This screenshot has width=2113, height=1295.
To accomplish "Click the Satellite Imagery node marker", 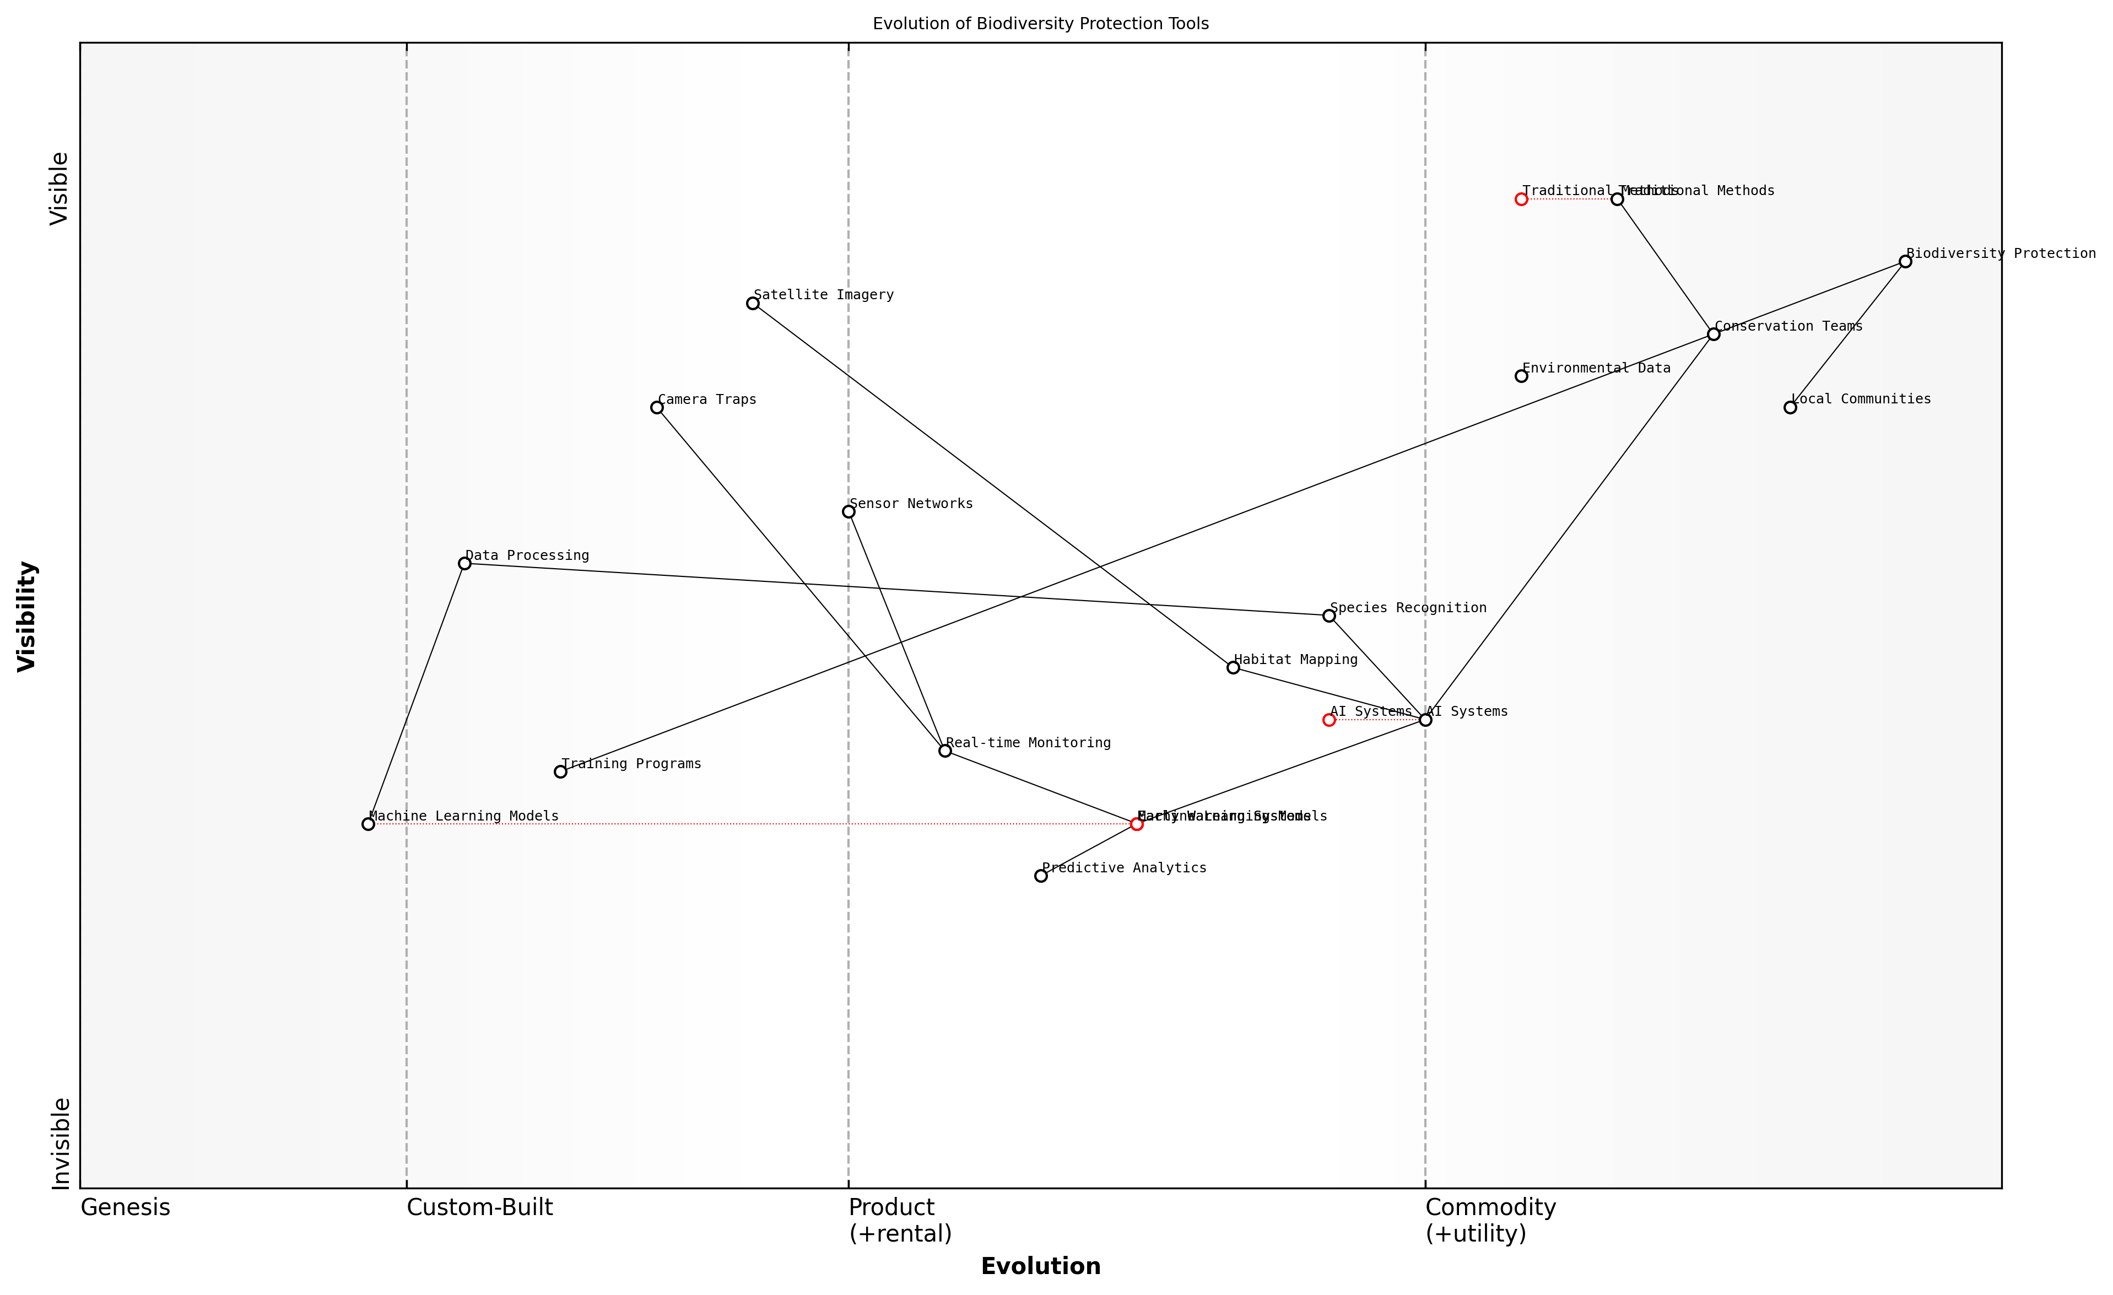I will [x=753, y=304].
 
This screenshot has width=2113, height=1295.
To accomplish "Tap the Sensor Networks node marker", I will [x=849, y=512].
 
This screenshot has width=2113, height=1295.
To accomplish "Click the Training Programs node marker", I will [x=561, y=772].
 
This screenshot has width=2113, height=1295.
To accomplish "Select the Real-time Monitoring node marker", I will [x=945, y=751].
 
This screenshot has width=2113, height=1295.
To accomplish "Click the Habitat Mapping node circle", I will [x=1233, y=667].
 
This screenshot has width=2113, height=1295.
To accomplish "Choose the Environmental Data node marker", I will [x=1521, y=376].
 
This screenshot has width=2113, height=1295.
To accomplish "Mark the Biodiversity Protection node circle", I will [x=1905, y=262].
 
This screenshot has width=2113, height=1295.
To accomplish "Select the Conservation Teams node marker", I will [x=1714, y=334].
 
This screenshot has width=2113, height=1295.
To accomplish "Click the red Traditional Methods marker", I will [x=1521, y=199].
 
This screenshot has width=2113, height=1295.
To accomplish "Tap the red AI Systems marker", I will [x=1329, y=720].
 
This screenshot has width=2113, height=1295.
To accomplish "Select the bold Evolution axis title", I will [x=1040, y=1267].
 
